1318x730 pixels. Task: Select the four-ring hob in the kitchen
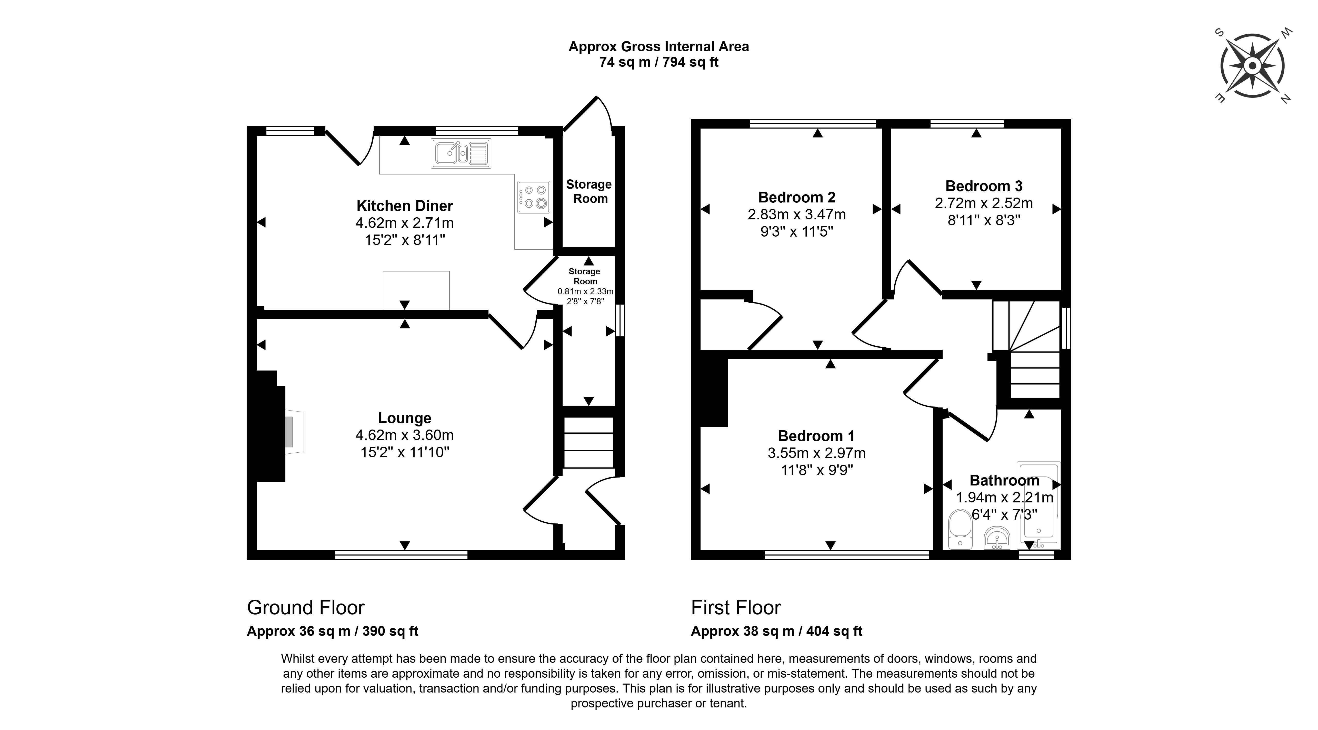tap(534, 197)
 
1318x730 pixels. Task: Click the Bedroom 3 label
tap(983, 186)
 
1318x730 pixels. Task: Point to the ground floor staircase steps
tap(588, 442)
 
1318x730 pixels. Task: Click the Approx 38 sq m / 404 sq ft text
tap(776, 631)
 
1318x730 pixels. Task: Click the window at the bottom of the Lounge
tap(401, 555)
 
